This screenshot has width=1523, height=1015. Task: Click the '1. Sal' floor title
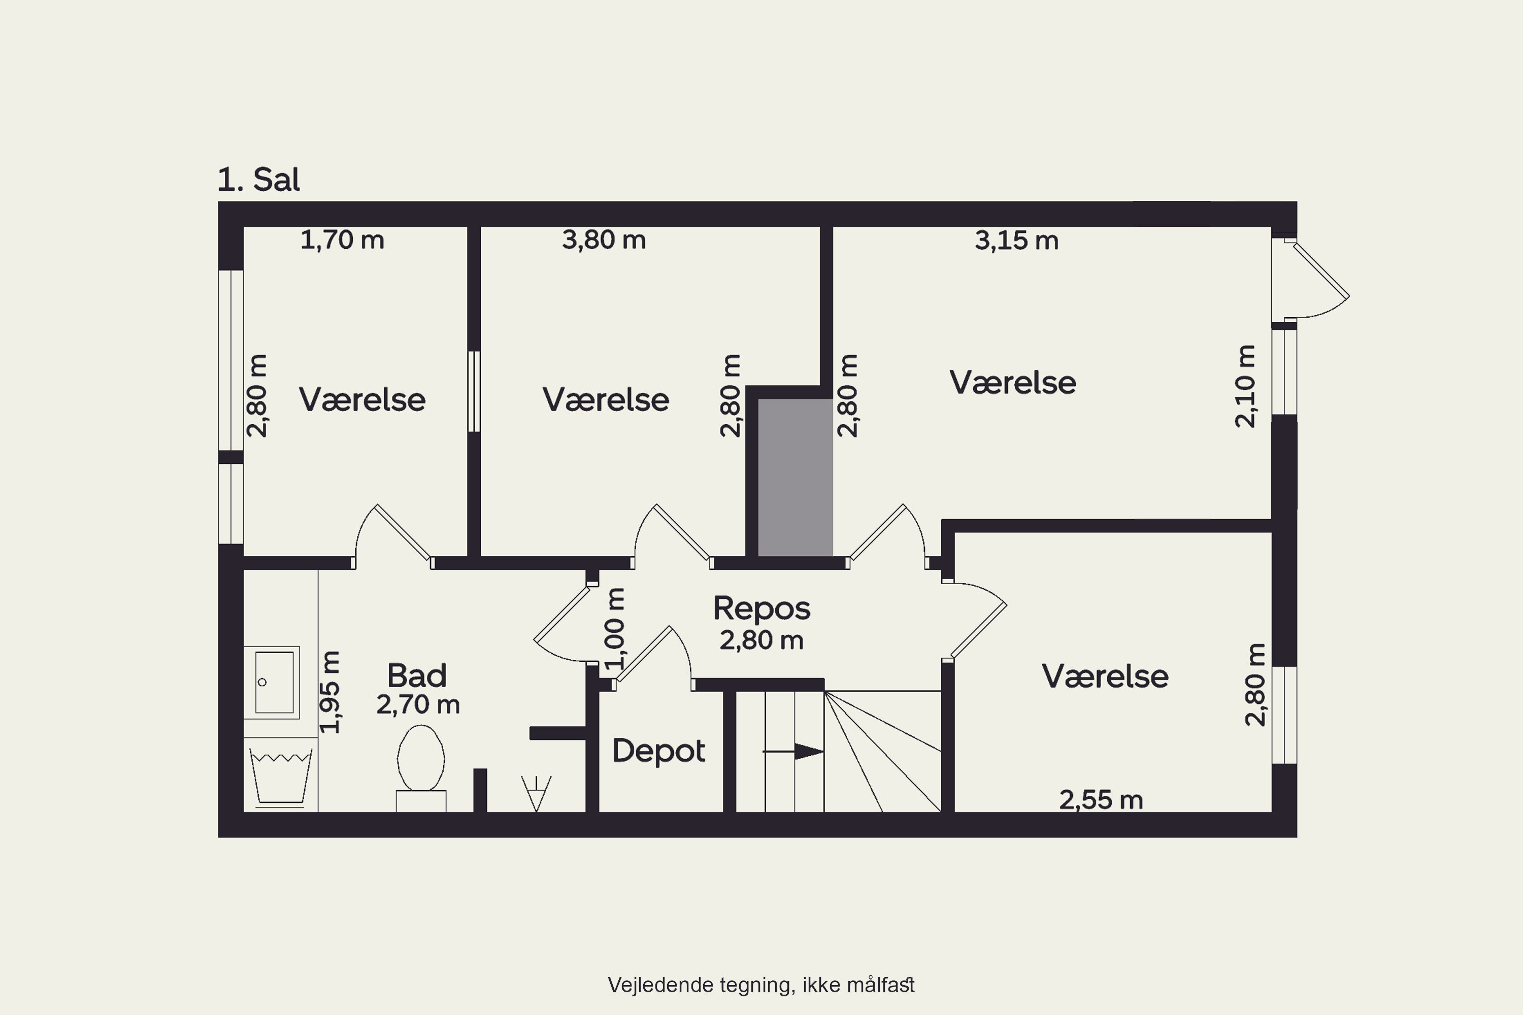[258, 179]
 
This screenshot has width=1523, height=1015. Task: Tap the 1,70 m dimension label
[342, 240]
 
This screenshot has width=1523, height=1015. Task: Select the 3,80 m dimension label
[604, 240]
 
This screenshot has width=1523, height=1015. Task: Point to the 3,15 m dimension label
[1017, 240]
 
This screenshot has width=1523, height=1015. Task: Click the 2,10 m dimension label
[1245, 386]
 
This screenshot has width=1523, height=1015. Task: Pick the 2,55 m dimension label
[1101, 800]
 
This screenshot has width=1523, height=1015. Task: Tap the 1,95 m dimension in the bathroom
[329, 692]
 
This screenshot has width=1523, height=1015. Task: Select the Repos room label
[762, 608]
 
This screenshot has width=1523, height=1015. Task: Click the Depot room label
[658, 751]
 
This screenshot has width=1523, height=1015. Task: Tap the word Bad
[417, 676]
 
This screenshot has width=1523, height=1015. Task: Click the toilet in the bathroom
[421, 768]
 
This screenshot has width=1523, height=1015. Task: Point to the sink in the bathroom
[271, 682]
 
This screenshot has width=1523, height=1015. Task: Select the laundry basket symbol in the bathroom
[280, 778]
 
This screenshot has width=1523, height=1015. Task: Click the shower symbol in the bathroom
[536, 794]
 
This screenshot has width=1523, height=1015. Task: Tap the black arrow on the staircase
[793, 752]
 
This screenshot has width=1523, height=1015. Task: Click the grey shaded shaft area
[795, 478]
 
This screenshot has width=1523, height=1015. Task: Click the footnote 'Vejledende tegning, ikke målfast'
[761, 985]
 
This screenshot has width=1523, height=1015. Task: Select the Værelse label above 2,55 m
[1105, 676]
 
